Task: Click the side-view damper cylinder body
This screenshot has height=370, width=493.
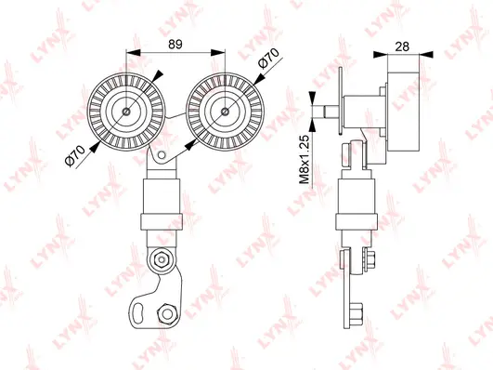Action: tap(357, 197)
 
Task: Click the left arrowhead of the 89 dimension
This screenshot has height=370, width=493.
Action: tap(131, 54)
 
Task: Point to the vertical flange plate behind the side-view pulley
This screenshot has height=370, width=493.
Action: tap(343, 108)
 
